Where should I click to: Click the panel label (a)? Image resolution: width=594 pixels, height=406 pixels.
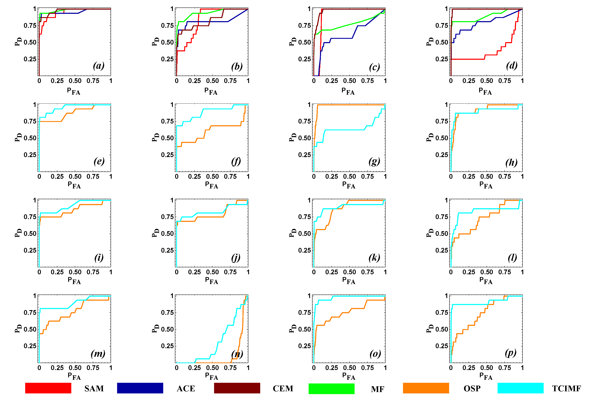(99, 66)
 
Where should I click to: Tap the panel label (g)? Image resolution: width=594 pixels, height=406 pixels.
(374, 161)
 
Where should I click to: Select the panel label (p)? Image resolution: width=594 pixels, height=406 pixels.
(510, 353)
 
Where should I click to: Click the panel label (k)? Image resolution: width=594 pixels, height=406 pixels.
(374, 257)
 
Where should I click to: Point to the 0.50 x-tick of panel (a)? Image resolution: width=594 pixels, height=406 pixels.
(75, 81)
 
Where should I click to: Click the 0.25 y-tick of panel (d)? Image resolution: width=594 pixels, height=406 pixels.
(441, 59)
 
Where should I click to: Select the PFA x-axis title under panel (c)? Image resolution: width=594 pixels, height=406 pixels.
(348, 91)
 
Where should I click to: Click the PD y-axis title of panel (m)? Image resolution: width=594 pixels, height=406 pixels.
(18, 329)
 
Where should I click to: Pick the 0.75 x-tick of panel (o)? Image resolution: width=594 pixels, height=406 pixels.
(367, 368)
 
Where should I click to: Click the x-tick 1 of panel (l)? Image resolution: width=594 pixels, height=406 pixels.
(522, 272)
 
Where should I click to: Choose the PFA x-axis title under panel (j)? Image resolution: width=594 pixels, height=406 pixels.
(211, 281)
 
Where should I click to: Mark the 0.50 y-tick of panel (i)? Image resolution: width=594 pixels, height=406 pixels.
(30, 234)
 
